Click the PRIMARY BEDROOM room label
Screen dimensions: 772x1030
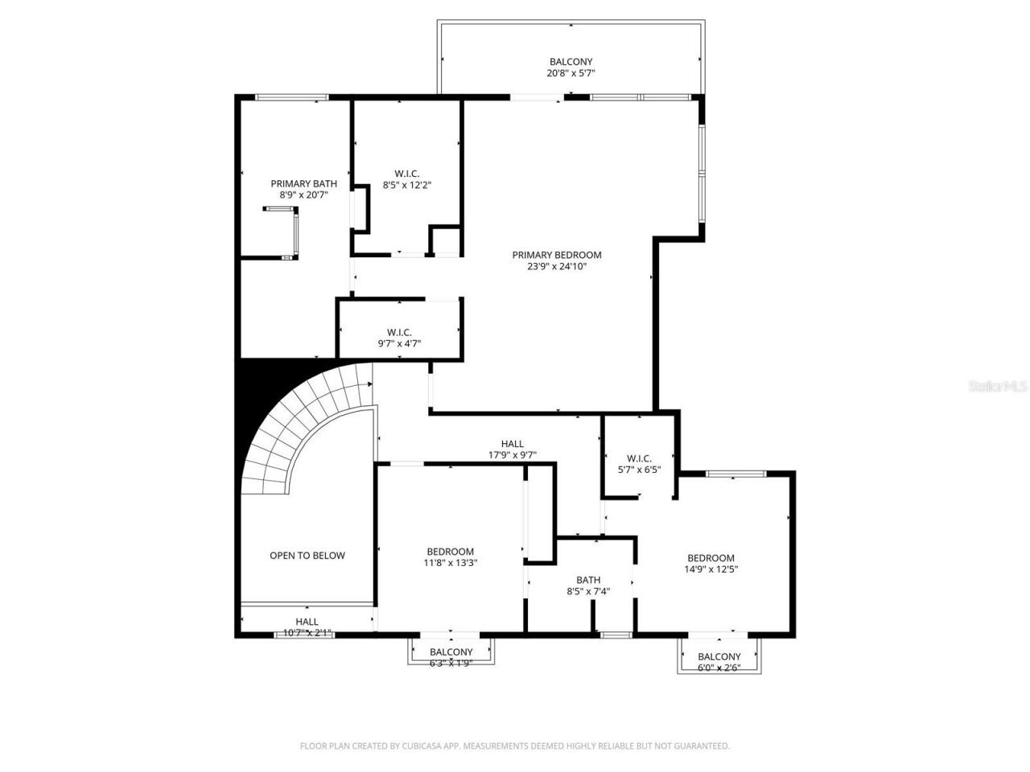(x=556, y=255)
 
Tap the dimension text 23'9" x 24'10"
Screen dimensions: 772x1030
(x=556, y=267)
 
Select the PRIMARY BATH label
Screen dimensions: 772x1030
(x=303, y=183)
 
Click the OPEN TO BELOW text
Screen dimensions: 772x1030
(x=307, y=556)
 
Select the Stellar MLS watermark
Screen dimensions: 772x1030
(x=997, y=387)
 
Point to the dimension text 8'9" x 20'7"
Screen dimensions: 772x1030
(x=303, y=195)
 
